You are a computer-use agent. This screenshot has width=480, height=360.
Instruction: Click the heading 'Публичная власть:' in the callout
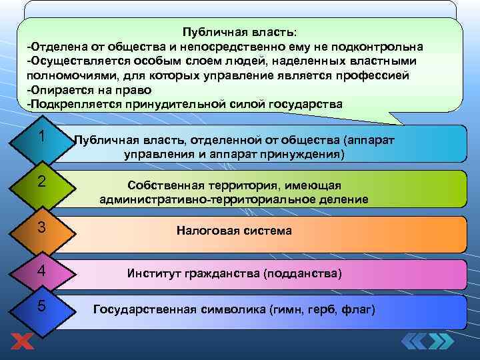(x=241, y=32)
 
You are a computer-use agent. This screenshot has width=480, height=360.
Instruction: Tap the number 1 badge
(x=41, y=137)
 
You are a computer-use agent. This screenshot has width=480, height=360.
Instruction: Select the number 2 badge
(x=41, y=181)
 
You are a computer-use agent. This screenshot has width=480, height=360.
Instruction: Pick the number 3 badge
(x=41, y=227)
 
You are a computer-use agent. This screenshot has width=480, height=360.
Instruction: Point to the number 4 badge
(x=41, y=271)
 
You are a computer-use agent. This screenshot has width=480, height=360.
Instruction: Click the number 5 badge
(x=41, y=306)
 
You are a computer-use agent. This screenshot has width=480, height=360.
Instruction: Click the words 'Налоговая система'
(x=234, y=231)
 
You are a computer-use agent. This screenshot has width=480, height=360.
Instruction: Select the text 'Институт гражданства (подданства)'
(x=234, y=273)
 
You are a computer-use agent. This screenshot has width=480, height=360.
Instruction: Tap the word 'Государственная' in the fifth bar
(x=145, y=310)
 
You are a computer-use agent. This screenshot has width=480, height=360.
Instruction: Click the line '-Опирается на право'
(x=89, y=89)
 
